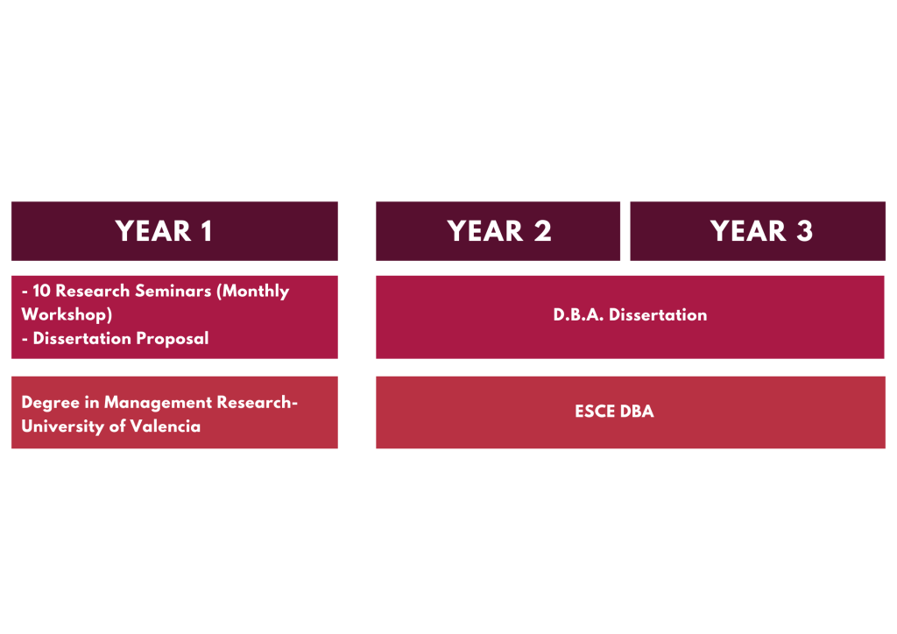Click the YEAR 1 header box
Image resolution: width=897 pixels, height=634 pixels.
point(174,231)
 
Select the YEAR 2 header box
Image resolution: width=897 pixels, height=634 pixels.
point(498,231)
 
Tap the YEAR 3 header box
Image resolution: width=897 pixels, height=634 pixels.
point(758,231)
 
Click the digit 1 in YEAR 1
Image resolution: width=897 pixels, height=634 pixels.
point(207,231)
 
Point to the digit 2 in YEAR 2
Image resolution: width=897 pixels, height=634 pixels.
point(543,231)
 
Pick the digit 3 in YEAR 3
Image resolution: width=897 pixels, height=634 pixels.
point(804,231)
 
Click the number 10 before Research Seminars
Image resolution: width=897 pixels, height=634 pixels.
point(41,291)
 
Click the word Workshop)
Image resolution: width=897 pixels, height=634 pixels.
point(67,315)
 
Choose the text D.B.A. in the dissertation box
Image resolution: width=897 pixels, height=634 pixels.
point(578,315)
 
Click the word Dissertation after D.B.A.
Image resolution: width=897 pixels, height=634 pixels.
point(658,315)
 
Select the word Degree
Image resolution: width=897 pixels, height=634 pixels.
point(50,404)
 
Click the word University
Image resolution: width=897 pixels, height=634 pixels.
point(62,427)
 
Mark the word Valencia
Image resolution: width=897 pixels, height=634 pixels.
point(166,426)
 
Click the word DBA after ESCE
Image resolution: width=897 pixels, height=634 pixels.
point(637,412)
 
